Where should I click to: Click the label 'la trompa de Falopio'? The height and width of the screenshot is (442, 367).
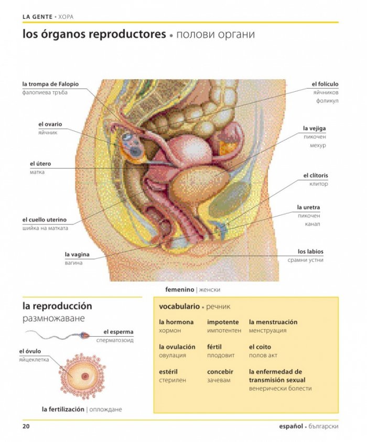pyautogui.click(x=50, y=84)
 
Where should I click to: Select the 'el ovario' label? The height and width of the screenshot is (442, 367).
pyautogui.click(x=50, y=124)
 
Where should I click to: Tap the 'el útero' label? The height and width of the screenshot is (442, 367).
pyautogui.click(x=40, y=164)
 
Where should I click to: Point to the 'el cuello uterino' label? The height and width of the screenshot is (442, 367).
pyautogui.click(x=45, y=220)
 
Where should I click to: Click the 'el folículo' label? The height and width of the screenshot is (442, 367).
pyautogui.click(x=325, y=84)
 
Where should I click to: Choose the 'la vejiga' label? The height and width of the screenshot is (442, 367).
pyautogui.click(x=314, y=128)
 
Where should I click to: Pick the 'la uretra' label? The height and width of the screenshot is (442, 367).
pyautogui.click(x=308, y=207)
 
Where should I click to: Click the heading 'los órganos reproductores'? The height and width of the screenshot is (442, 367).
pyautogui.click(x=94, y=34)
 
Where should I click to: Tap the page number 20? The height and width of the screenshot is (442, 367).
pyautogui.click(x=26, y=426)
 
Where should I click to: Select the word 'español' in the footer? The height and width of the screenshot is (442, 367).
pyautogui.click(x=291, y=426)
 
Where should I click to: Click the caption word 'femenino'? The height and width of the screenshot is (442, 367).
pyautogui.click(x=179, y=289)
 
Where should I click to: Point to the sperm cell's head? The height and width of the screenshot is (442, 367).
pyautogui.click(x=84, y=335)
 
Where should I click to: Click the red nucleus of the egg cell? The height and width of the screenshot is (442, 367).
pyautogui.click(x=85, y=376)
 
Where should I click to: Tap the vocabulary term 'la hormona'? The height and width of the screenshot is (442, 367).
pyautogui.click(x=176, y=322)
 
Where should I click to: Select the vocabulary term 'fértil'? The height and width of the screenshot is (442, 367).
pyautogui.click(x=214, y=347)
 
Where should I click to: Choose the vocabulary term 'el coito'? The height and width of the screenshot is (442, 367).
pyautogui.click(x=260, y=347)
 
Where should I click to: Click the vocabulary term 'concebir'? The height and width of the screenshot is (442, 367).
pyautogui.click(x=220, y=372)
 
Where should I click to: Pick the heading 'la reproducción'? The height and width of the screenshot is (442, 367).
pyautogui.click(x=57, y=306)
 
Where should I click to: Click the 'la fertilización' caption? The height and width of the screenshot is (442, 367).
pyautogui.click(x=63, y=409)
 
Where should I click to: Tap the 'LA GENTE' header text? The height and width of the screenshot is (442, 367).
pyautogui.click(x=38, y=17)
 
